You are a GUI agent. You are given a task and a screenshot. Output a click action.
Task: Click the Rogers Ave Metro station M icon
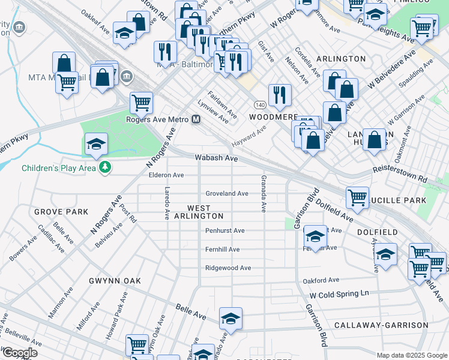click(196, 119)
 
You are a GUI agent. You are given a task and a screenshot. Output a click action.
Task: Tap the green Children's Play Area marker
click(106, 167)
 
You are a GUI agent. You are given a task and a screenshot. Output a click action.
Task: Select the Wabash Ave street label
click(216, 158)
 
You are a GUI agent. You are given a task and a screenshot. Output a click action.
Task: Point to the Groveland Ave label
click(227, 193)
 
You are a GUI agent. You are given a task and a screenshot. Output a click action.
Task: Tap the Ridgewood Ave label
click(228, 268)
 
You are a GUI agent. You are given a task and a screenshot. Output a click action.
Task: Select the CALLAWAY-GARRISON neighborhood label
click(381, 325)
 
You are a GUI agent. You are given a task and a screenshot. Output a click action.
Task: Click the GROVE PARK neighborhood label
click(61, 212)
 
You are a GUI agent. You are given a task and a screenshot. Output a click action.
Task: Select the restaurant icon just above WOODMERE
click(280, 94)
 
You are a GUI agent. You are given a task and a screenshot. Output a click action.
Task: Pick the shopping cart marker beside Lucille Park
click(358, 197)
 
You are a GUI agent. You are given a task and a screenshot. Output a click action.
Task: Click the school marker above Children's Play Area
click(96, 144)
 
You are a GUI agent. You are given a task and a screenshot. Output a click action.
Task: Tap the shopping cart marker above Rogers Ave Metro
click(141, 102)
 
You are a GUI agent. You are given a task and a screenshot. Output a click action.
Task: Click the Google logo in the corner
click(20, 353)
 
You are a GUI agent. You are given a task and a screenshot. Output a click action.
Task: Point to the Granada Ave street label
click(263, 193)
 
